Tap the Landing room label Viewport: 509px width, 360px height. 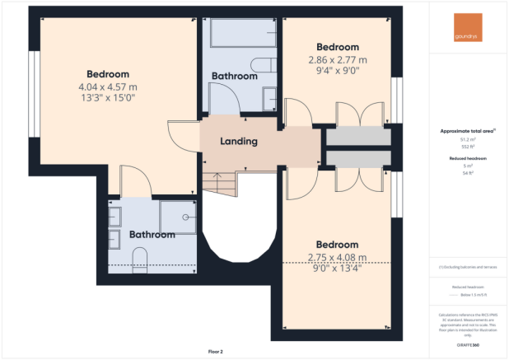point(239,142)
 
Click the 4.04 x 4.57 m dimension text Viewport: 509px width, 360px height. point(108,86)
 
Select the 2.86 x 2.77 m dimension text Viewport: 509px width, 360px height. point(337,60)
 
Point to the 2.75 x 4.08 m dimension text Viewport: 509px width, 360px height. point(337,256)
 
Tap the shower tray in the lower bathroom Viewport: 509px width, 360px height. point(178,217)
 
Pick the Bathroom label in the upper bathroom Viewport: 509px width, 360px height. point(234,76)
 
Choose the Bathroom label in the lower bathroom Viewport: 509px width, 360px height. point(152,235)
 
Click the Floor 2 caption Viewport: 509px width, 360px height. point(216,352)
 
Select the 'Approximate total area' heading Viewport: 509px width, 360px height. point(468,132)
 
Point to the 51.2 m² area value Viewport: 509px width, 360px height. point(469,140)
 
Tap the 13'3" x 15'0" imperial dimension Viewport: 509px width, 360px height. point(107,97)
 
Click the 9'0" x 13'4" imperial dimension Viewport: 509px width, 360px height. point(337,267)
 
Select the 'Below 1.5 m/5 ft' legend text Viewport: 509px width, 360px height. point(469,294)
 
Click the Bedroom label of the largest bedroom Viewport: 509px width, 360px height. point(107,74)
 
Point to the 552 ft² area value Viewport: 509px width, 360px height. point(469,147)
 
